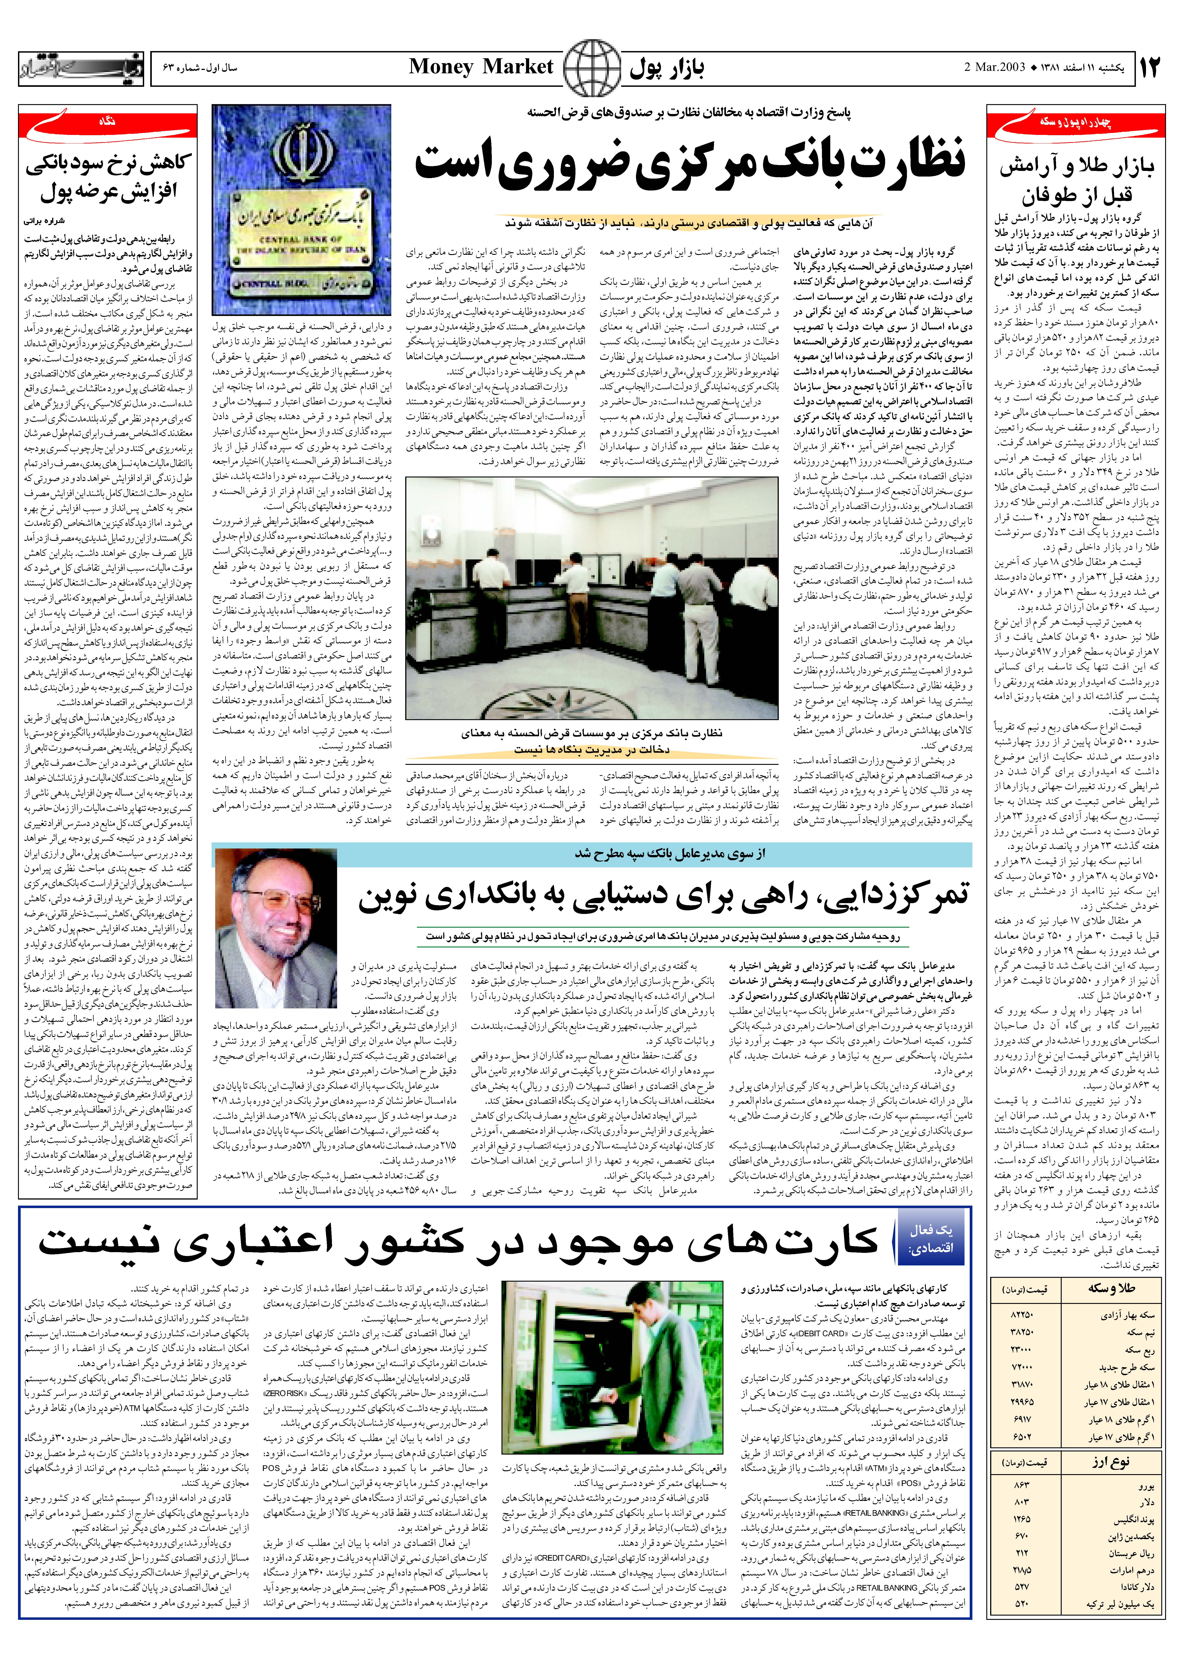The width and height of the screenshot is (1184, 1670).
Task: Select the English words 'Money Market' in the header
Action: click(481, 67)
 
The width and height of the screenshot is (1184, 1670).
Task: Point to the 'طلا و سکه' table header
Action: click(1112, 1289)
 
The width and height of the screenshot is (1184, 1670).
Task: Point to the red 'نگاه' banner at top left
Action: click(108, 123)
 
